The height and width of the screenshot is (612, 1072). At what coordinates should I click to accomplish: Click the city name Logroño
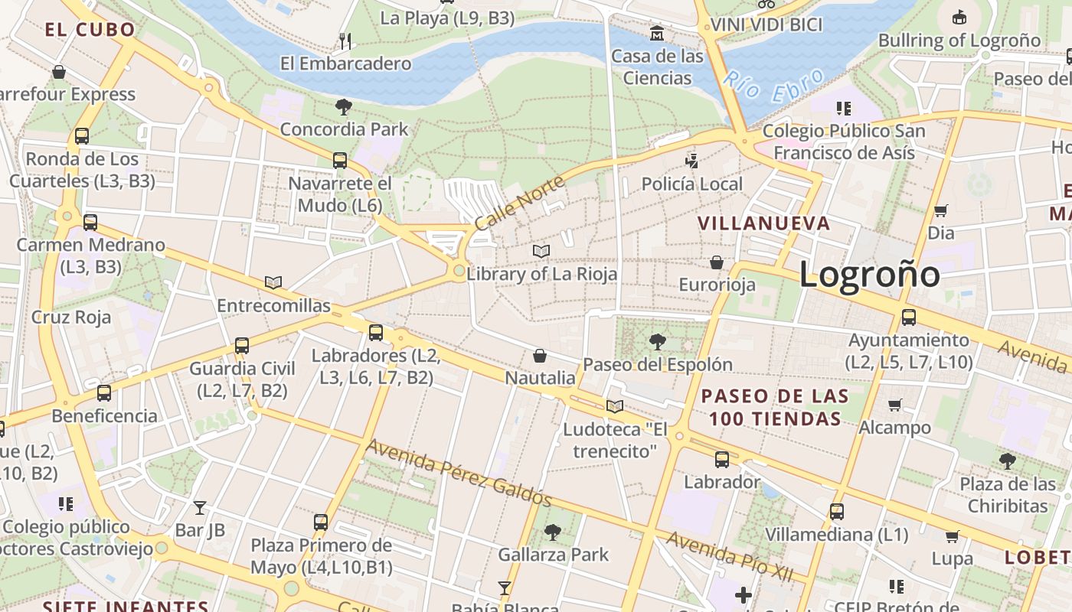pyautogui.click(x=869, y=274)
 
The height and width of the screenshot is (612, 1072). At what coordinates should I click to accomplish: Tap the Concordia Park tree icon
pyautogui.click(x=344, y=107)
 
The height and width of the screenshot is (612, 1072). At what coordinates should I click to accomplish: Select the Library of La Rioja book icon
pyautogui.click(x=541, y=251)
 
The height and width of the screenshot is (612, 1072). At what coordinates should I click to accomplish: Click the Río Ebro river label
pyautogui.click(x=774, y=86)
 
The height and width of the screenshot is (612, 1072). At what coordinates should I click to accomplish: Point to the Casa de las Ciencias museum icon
pyautogui.click(x=657, y=34)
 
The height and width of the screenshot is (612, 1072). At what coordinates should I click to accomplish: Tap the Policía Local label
pyautogui.click(x=691, y=184)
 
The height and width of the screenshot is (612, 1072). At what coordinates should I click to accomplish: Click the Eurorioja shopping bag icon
pyautogui.click(x=717, y=262)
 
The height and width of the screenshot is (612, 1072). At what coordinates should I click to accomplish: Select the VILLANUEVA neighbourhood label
pyautogui.click(x=763, y=223)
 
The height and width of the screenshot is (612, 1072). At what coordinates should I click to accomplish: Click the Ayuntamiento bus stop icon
pyautogui.click(x=909, y=317)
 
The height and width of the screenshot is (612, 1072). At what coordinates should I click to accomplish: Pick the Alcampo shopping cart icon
pyautogui.click(x=894, y=405)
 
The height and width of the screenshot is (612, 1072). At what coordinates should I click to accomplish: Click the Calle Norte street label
pyautogui.click(x=519, y=203)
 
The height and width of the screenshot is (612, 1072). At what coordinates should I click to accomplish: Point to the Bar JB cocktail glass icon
pyautogui.click(x=200, y=507)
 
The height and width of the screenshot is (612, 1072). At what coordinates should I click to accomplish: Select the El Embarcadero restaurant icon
pyautogui.click(x=345, y=41)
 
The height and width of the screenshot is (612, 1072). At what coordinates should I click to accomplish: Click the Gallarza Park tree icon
pyautogui.click(x=552, y=532)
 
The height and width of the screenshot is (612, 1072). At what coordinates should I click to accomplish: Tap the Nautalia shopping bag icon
pyautogui.click(x=540, y=356)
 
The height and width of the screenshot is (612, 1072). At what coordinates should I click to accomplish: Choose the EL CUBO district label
pyautogui.click(x=90, y=30)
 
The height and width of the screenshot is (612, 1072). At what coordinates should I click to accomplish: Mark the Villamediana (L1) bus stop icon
pyautogui.click(x=837, y=511)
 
